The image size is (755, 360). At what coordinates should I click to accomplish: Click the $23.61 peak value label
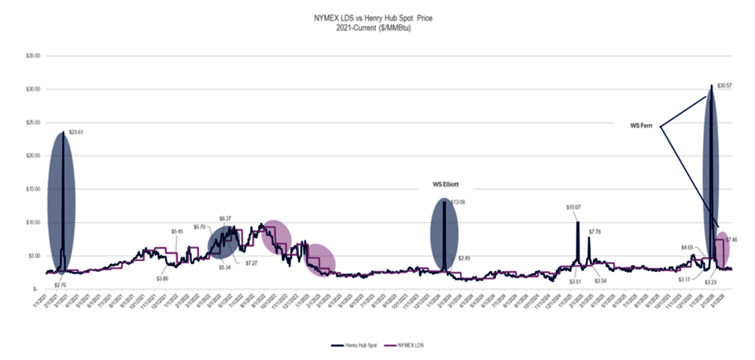tap(76, 133)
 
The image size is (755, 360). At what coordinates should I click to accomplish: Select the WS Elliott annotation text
tap(446, 185)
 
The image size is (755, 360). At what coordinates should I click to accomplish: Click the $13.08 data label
tap(458, 202)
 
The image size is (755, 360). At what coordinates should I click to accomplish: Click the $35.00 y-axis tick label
tap(32, 57)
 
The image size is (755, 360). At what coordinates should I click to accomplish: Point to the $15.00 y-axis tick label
tap(32, 189)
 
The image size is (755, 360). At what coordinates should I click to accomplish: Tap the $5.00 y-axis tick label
tap(34, 255)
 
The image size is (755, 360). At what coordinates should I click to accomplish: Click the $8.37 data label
tap(225, 218)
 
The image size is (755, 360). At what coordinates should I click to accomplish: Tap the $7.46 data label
tap(731, 239)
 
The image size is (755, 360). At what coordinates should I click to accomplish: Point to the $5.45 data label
tap(178, 231)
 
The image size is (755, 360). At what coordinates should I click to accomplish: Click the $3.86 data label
tap(162, 278)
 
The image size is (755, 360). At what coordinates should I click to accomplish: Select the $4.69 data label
tap(687, 247)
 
